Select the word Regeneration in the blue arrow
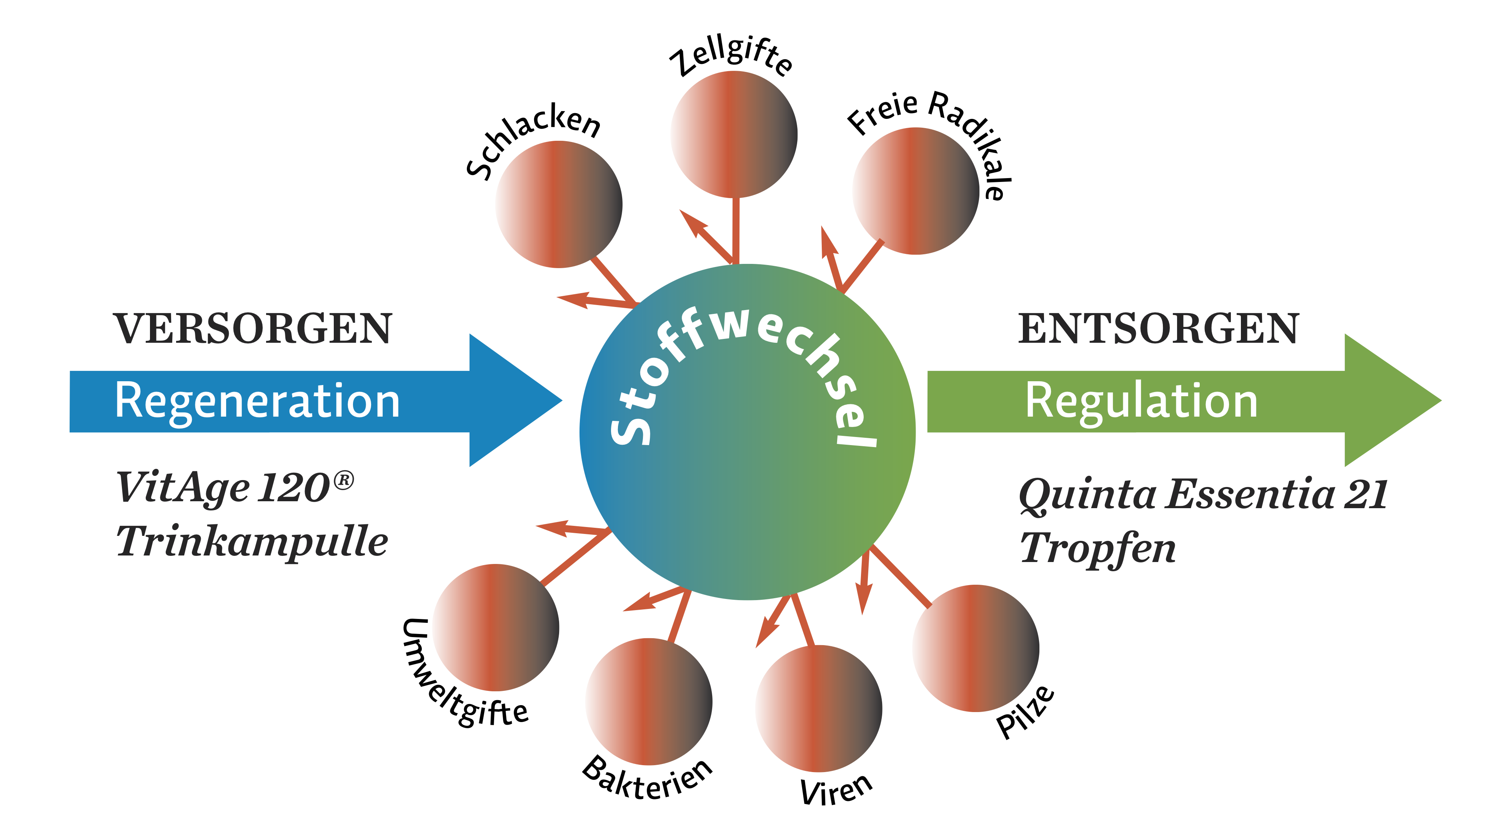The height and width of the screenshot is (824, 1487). (x=258, y=401)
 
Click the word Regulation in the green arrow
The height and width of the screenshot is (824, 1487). (x=1141, y=401)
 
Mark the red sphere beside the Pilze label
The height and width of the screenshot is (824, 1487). (x=976, y=648)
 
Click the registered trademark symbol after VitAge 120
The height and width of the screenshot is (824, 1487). (x=343, y=480)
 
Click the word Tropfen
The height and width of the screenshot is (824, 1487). (x=1097, y=549)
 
